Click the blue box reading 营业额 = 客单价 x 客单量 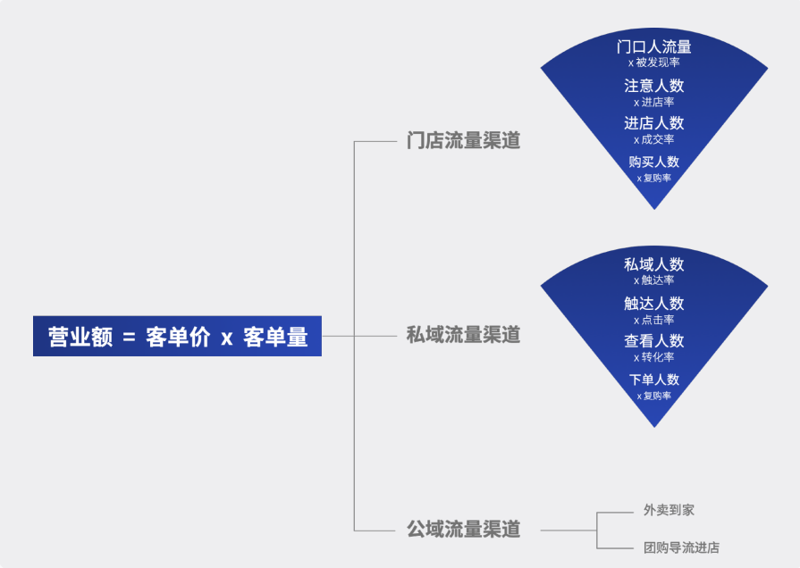(177, 337)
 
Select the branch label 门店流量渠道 (463, 141)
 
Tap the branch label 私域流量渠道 (463, 336)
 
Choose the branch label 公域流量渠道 (463, 530)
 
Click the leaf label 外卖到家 (669, 510)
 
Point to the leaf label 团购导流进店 (681, 547)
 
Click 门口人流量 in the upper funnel (654, 46)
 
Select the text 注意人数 (654, 86)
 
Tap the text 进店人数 (654, 123)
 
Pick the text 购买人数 (654, 162)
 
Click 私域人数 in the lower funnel (654, 264)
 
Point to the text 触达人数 (654, 304)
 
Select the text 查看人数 (654, 341)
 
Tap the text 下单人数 (654, 380)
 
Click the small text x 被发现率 (654, 63)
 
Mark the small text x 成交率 (654, 139)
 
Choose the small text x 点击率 (654, 320)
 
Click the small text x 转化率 (654, 357)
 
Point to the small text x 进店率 (654, 102)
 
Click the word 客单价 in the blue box (177, 337)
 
